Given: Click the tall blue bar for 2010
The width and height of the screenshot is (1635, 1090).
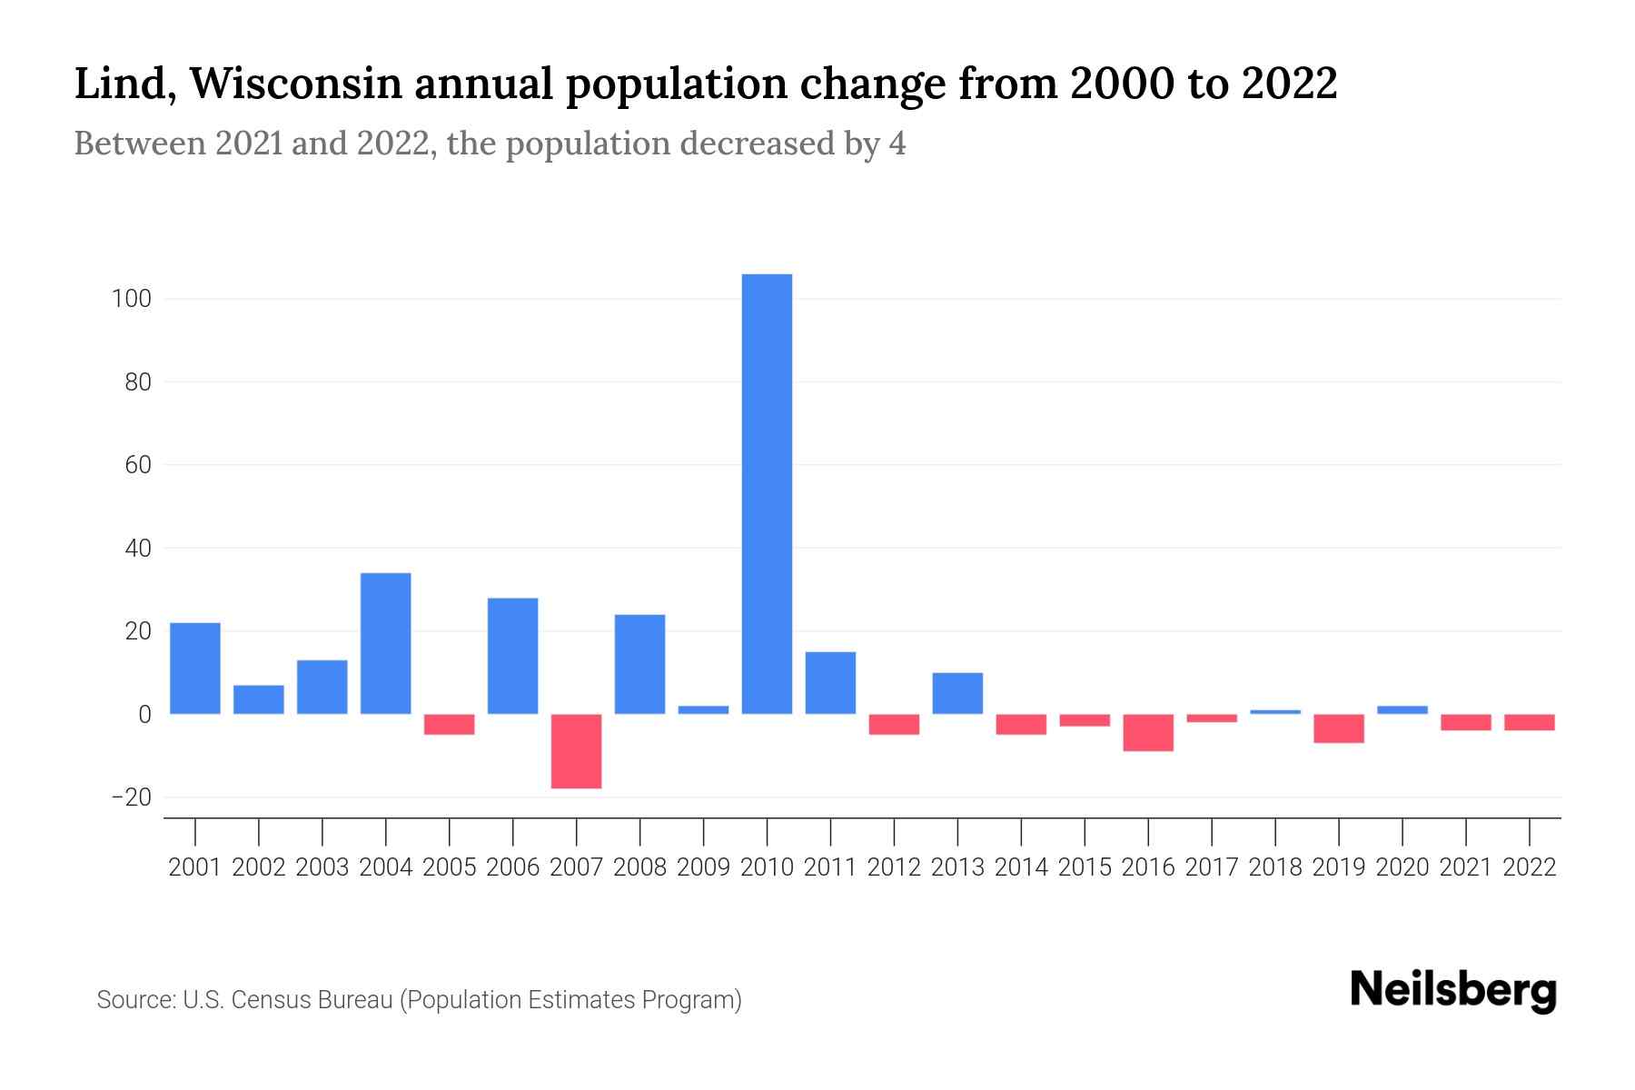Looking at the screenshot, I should point(767,494).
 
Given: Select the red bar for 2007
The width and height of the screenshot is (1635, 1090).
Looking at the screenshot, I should point(576,751).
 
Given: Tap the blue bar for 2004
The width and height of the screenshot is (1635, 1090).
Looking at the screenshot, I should point(385,643).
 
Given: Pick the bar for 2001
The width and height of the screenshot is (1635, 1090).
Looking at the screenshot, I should point(194,669).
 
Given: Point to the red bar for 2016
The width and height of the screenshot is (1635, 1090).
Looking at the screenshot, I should point(1148,733).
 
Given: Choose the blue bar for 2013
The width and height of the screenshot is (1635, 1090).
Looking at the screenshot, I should point(957,693).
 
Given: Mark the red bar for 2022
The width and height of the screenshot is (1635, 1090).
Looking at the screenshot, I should point(1530,723).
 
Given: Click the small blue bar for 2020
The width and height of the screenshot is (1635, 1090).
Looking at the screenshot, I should point(1402,710).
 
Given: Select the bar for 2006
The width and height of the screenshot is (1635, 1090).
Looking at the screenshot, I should point(512,656).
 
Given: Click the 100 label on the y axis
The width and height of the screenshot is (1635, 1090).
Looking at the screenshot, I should point(131,299).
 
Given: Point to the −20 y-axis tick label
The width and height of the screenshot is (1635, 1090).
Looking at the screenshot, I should point(130,798).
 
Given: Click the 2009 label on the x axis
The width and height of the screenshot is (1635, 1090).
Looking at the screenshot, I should point(703,867).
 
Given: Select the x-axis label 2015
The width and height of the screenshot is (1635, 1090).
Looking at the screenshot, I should point(1085,867).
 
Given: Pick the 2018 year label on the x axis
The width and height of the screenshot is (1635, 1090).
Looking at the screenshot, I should point(1275,867).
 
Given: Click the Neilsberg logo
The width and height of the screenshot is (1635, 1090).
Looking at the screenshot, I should point(1453,990).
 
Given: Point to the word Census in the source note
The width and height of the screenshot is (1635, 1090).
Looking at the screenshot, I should point(267,1000).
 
